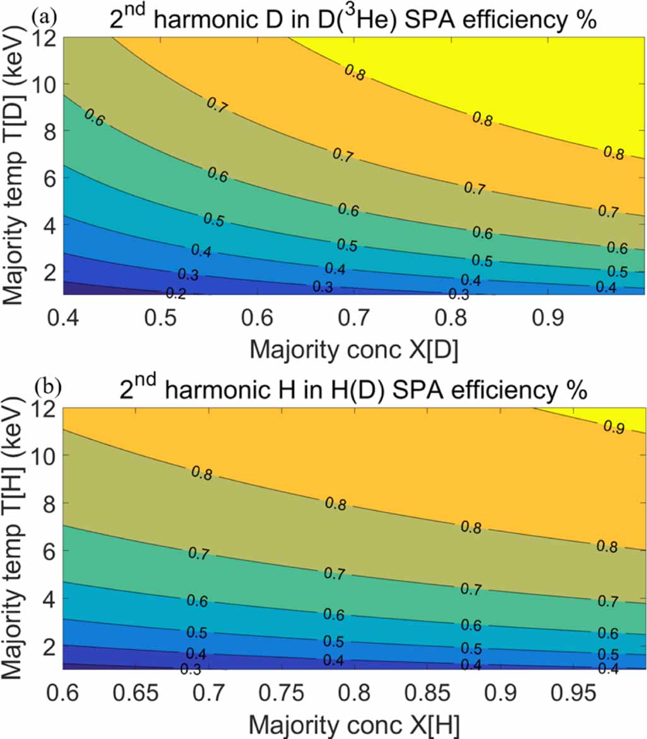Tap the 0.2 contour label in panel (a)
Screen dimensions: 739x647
175,293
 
